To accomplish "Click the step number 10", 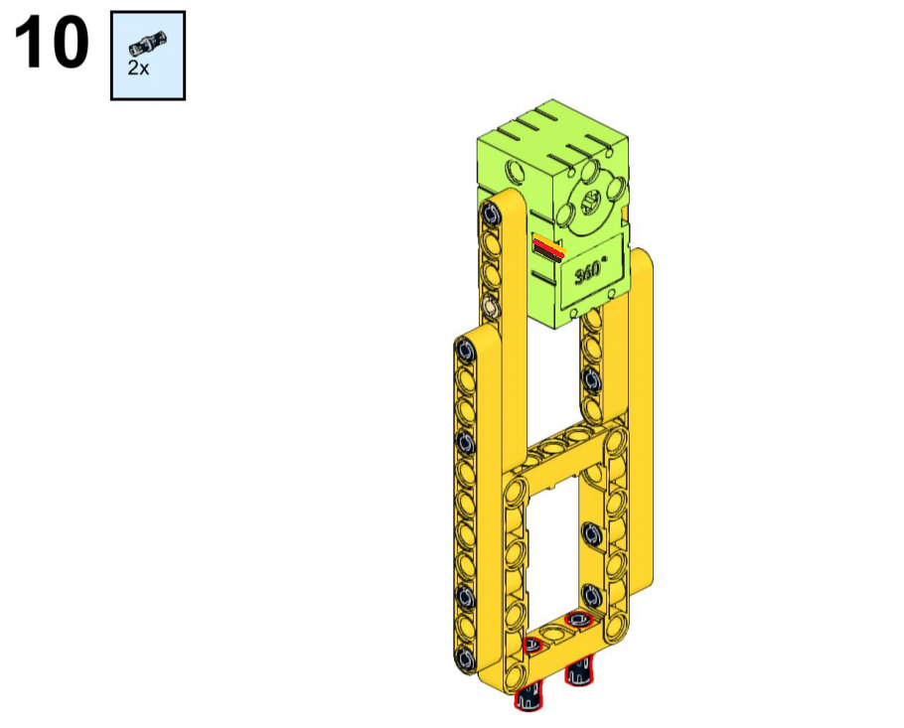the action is pos(52,43).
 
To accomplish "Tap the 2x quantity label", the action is pos(138,69).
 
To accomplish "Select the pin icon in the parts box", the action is pos(148,44).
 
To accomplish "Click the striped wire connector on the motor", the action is pos(548,248).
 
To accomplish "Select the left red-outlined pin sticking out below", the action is pos(528,697).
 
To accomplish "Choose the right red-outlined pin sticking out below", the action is pos(579,671).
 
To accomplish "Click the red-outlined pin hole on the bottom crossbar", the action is pos(579,620).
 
